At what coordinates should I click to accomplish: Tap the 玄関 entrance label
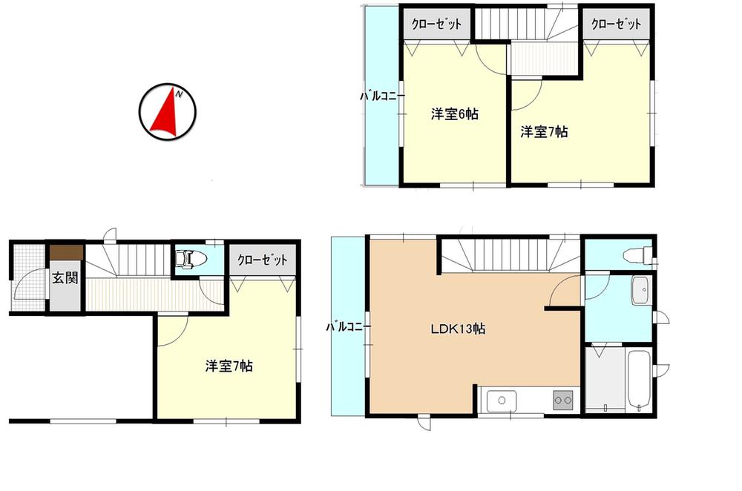click(60, 278)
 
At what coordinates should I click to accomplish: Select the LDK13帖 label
click(458, 329)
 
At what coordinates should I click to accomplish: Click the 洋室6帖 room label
click(454, 114)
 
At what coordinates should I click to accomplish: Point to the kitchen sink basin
click(501, 401)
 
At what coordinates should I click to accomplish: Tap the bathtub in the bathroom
click(638, 380)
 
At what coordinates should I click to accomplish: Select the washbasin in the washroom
click(640, 291)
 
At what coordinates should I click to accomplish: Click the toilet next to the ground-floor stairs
click(191, 260)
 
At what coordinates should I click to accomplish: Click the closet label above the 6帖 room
click(437, 24)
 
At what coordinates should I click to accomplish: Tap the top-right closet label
click(616, 24)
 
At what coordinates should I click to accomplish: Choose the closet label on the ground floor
click(262, 260)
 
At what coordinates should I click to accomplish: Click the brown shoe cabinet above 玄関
click(62, 251)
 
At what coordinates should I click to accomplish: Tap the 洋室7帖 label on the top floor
click(544, 132)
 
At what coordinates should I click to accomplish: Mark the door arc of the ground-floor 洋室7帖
click(169, 330)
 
